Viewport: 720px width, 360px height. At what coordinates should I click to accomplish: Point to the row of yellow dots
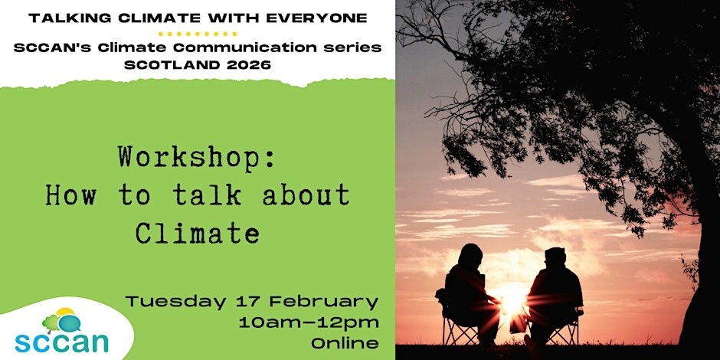pyautogui.click(x=198, y=34)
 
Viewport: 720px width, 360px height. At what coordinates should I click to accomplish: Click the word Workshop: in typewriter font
pyautogui.click(x=197, y=159)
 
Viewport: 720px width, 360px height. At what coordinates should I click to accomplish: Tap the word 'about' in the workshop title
pyautogui.click(x=306, y=195)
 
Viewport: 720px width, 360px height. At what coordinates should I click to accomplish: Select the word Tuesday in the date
pyautogui.click(x=176, y=303)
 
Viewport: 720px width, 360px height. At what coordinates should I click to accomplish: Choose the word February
pyautogui.click(x=323, y=303)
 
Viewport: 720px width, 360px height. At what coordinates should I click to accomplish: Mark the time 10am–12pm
pyautogui.click(x=309, y=322)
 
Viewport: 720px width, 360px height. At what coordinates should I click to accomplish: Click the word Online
pyautogui.click(x=345, y=343)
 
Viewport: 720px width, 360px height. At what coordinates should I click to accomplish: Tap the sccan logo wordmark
pyautogui.click(x=61, y=342)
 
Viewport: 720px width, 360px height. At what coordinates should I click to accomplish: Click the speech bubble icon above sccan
pyautogui.click(x=70, y=322)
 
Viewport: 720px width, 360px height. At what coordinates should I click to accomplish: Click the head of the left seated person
pyautogui.click(x=470, y=254)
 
